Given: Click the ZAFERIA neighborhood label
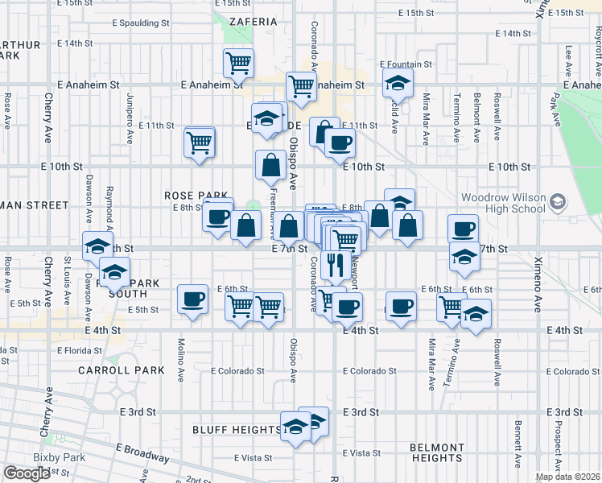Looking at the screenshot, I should (252, 21).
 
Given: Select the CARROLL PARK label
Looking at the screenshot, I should (122, 370).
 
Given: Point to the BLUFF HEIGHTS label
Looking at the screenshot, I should (237, 430).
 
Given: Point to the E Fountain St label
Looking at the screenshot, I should (405, 64).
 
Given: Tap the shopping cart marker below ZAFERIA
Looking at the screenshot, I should (239, 61).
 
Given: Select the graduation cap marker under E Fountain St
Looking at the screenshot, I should (397, 82).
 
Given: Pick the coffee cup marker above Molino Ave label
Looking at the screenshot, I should (192, 299).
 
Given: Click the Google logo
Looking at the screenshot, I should (27, 473).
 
